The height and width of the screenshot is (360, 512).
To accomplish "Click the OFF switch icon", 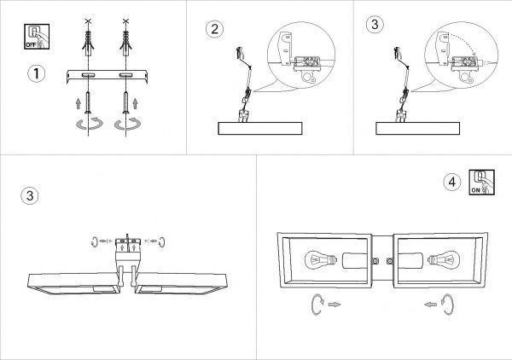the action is [x=37, y=37].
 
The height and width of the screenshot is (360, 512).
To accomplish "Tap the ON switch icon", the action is [x=481, y=182].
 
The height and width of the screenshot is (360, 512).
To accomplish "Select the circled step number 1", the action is [x=36, y=73].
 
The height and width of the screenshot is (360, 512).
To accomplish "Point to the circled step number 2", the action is [x=214, y=29].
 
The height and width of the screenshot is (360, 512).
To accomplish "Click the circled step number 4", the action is [x=452, y=182].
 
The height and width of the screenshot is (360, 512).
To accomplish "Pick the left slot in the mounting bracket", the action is [x=88, y=75].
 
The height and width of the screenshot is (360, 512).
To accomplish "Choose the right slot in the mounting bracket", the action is [x=125, y=75].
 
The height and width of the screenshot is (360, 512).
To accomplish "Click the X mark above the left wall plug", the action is [x=88, y=21].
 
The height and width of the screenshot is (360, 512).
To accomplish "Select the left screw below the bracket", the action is [x=88, y=103].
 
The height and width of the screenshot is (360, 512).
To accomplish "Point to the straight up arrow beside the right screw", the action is [x=135, y=103].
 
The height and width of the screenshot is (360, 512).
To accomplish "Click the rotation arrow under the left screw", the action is [x=89, y=124].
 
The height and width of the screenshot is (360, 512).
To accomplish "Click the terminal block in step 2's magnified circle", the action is [x=307, y=64].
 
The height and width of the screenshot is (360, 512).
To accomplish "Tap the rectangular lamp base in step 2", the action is [x=260, y=128].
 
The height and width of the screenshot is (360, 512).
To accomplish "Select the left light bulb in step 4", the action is [x=320, y=260].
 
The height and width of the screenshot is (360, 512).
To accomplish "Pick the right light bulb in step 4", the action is [x=444, y=260].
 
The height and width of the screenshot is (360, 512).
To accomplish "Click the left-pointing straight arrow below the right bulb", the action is [x=431, y=305].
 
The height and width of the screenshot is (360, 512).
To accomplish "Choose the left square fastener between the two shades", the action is [x=375, y=261].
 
